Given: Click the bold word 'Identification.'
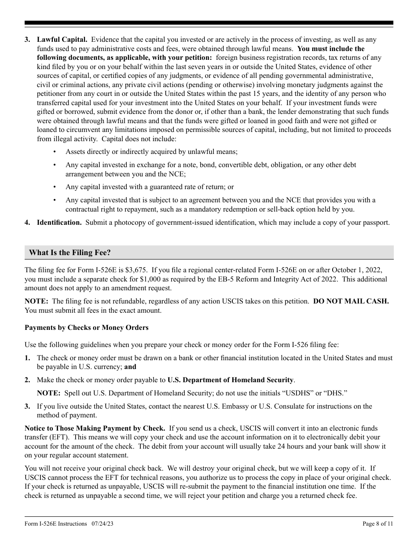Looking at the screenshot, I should click(x=59, y=223).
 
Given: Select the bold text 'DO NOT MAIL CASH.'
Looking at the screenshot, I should click(x=351, y=301).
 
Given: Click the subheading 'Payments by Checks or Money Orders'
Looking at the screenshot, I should click(x=86, y=328).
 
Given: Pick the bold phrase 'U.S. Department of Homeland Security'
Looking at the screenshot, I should click(x=230, y=380).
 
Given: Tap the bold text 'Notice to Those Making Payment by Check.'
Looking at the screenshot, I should click(x=95, y=428).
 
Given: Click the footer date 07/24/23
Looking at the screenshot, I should click(x=103, y=524).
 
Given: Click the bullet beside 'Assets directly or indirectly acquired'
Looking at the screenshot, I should click(x=55, y=152).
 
